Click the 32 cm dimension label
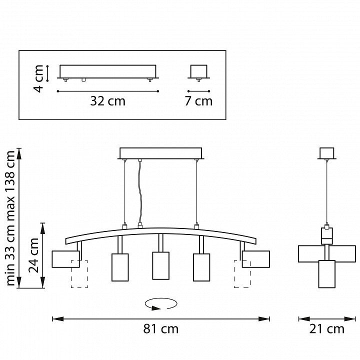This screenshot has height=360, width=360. (107, 101)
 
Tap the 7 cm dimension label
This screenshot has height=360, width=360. (198, 101)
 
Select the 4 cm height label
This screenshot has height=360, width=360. (38, 78)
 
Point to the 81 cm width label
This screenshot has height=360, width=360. (160, 329)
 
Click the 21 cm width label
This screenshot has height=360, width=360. (326, 329)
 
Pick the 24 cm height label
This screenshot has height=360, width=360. (33, 255)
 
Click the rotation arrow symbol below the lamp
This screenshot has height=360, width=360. (161, 304)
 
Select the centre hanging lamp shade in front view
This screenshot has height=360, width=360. (160, 265)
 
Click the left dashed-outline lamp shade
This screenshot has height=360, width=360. (79, 274)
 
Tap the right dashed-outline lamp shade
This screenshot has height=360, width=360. (242, 274)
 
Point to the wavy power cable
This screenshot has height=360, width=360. (140, 192)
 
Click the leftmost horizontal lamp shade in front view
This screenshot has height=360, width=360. (65, 259)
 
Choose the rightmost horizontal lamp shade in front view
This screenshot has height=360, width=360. (256, 259)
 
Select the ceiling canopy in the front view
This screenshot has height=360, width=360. (160, 153)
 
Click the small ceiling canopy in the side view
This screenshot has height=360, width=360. (327, 153)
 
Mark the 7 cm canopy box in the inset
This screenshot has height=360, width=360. (198, 71)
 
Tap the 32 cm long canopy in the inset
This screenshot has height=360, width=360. (108, 71)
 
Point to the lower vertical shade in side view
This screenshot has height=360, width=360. (326, 274)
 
